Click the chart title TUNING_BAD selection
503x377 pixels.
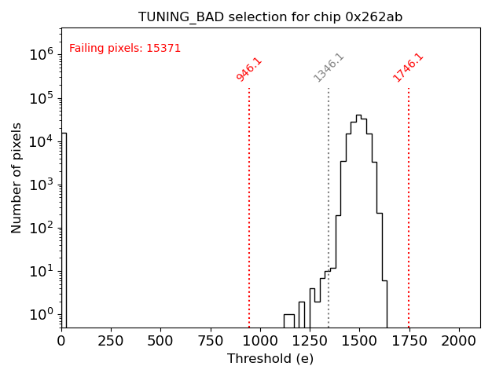coord(270,17)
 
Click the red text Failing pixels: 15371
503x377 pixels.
coord(125,49)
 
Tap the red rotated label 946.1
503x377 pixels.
coord(249,69)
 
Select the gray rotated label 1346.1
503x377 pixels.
coord(329,68)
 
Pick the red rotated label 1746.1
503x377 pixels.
coord(408,68)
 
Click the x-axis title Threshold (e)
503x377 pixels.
coord(270,359)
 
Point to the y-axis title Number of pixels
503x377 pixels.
coord(17,178)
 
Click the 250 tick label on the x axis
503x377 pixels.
coord(111,341)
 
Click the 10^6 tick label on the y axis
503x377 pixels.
coord(42,54)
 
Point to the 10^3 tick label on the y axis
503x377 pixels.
coord(42,185)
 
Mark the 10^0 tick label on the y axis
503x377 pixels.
coord(42,315)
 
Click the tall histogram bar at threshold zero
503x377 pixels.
coord(64,228)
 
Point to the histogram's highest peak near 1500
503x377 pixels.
coord(358,116)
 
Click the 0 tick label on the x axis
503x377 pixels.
coord(61,341)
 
